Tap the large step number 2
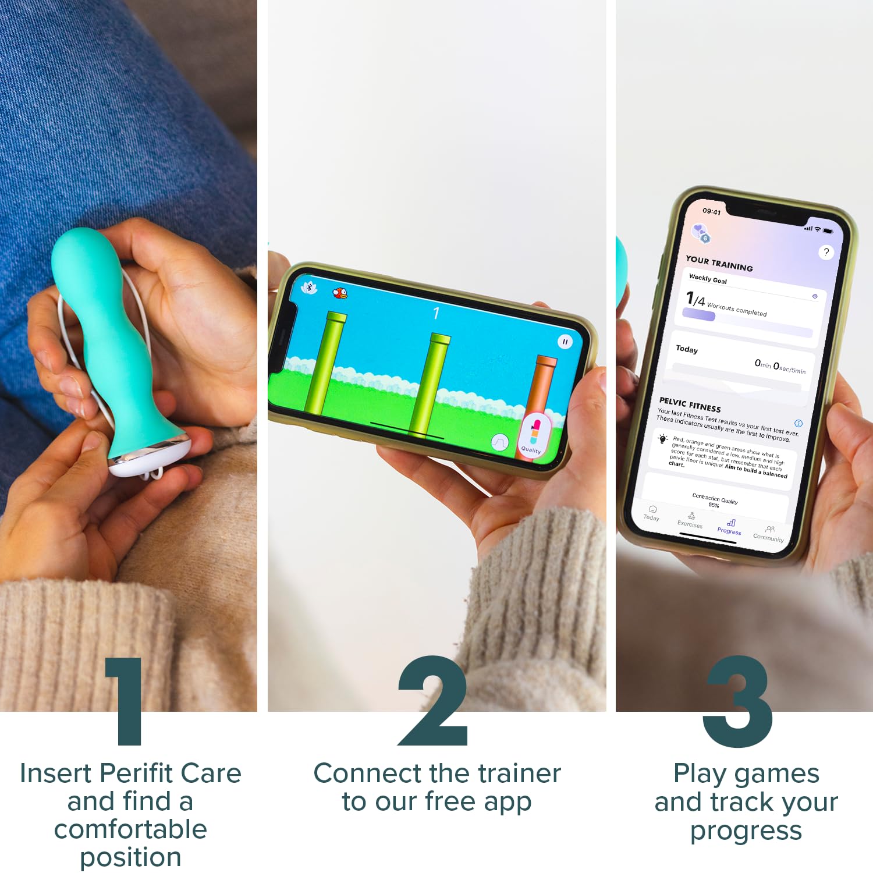(434, 701)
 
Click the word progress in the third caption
(746, 830)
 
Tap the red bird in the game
(340, 293)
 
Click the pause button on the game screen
(565, 342)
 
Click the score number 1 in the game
(436, 314)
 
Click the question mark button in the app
(826, 252)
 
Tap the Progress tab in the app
(730, 527)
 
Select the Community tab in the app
(769, 534)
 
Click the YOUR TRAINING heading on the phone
(719, 264)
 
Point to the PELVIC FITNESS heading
(690, 404)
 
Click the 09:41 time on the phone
(711, 211)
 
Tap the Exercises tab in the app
(690, 520)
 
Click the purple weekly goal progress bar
(699, 315)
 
